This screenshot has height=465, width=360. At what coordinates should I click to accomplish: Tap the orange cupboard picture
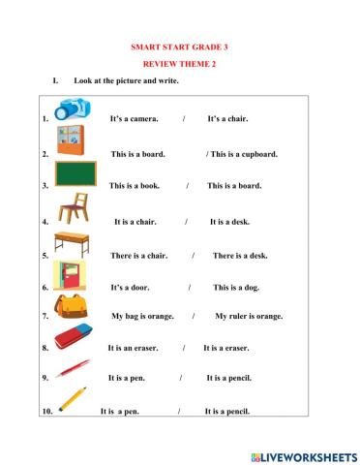point(70,140)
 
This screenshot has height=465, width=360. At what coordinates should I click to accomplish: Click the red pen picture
point(73,368)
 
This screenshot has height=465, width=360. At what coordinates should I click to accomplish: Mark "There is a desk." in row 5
point(241,256)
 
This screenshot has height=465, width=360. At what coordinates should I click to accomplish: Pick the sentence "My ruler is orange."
point(249,316)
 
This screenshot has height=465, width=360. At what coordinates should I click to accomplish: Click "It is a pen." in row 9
point(128,378)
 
